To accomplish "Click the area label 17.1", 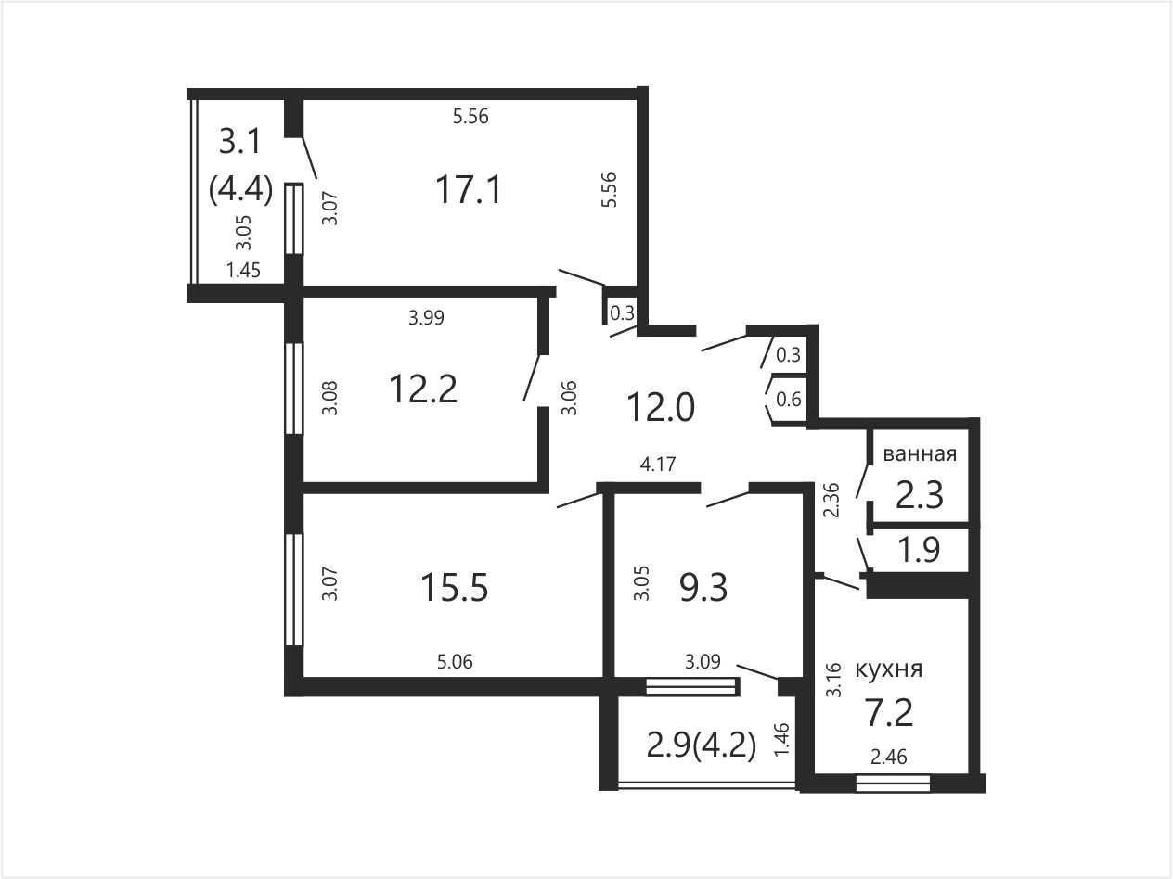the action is [x=469, y=190].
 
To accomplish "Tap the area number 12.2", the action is [x=423, y=389].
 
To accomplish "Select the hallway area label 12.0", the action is [x=661, y=407].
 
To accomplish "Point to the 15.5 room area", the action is [x=454, y=588].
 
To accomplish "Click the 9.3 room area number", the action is [x=703, y=588].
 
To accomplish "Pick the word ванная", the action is [x=920, y=453].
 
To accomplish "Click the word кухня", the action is [x=889, y=669].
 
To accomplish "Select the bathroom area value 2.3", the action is [x=919, y=495].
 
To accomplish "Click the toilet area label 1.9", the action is [x=919, y=550].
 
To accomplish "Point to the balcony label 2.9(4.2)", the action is [x=702, y=745].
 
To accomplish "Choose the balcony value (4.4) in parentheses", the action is [x=240, y=189].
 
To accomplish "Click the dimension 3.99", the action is [x=426, y=317].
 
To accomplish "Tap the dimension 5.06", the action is [x=455, y=662].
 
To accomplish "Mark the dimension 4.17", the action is [x=658, y=465].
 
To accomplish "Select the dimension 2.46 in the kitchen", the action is [x=889, y=757].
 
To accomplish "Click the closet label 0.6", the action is [x=789, y=400].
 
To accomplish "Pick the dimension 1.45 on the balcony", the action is [x=243, y=270].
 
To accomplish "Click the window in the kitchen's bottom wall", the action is [x=893, y=783].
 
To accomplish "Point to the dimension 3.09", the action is [x=703, y=662].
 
